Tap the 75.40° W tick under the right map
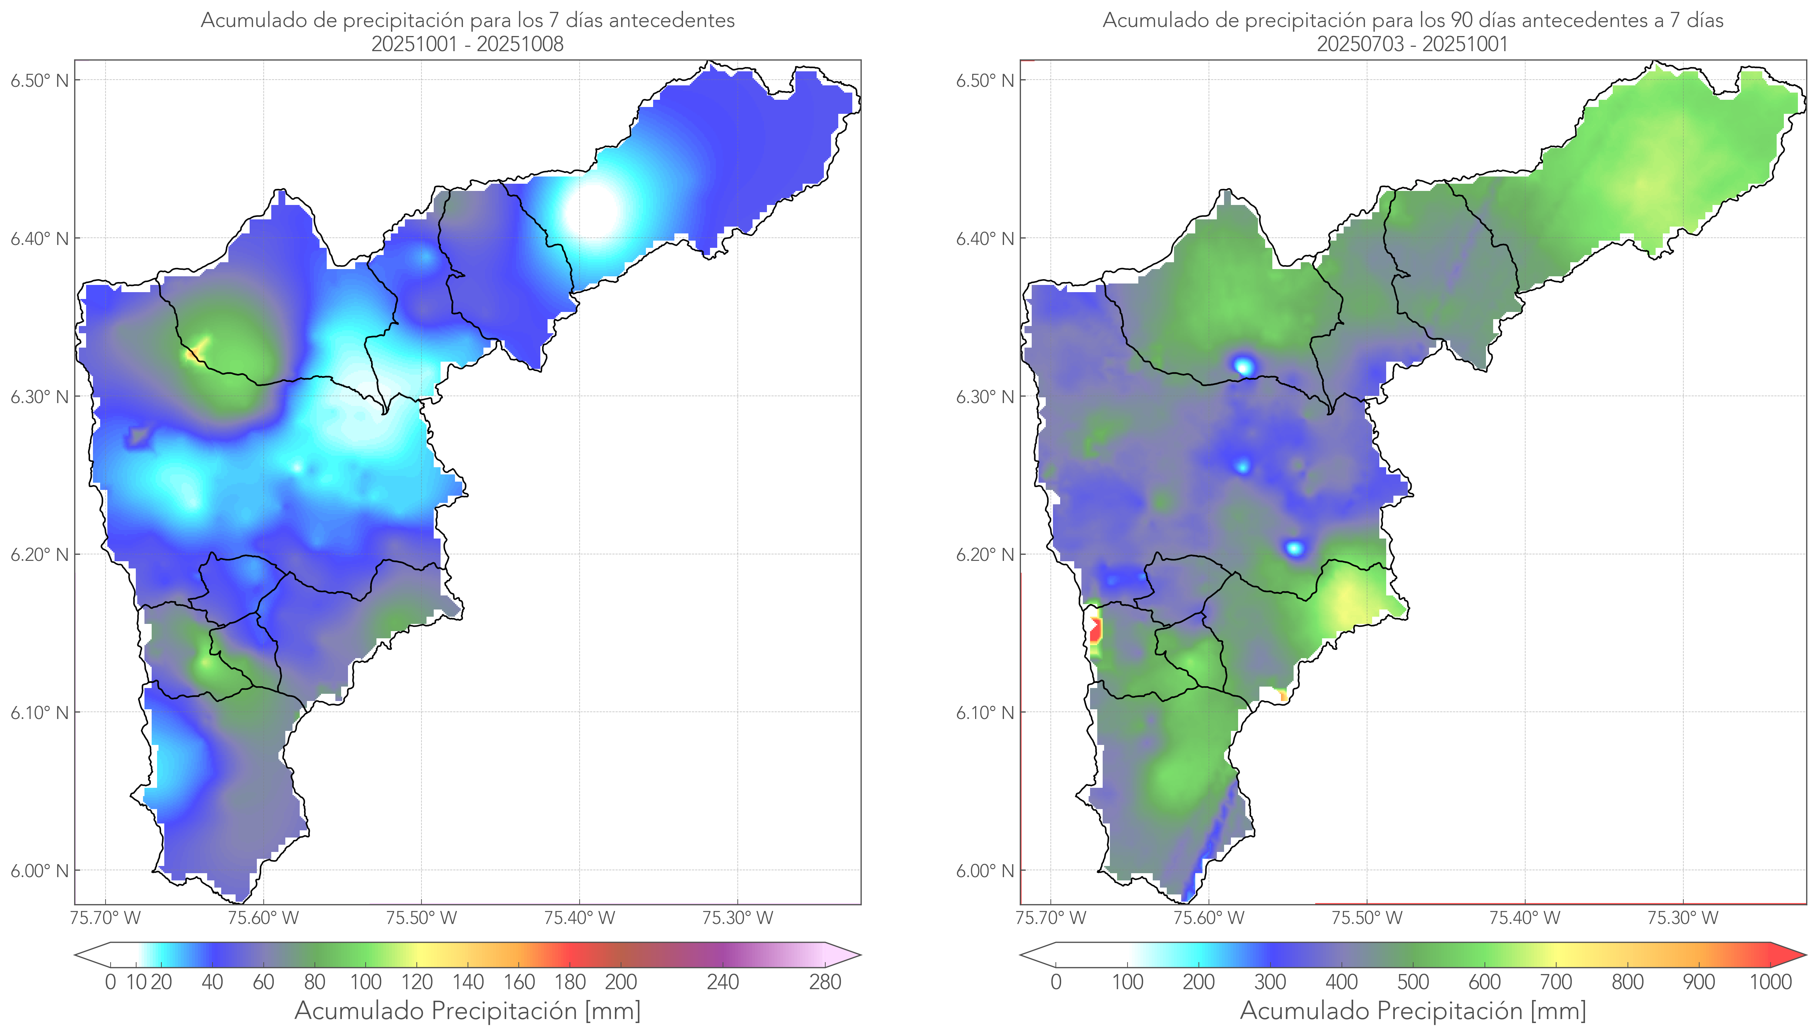click(1524, 918)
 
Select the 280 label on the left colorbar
click(825, 982)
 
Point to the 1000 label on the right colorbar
click(1770, 982)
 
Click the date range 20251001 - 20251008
click(468, 44)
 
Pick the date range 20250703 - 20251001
click(1412, 44)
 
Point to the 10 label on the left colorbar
click(136, 982)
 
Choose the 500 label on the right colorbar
click(1413, 982)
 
